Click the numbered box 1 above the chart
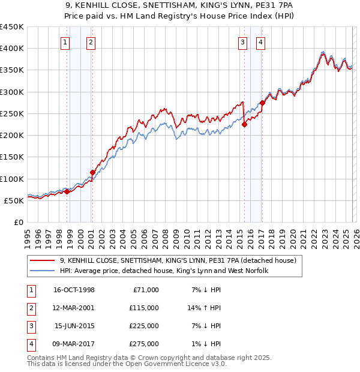pyautogui.click(x=64, y=42)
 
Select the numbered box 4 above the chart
pyautogui.click(x=262, y=42)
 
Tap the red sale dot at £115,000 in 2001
pyautogui.click(x=92, y=172)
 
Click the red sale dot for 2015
pyautogui.click(x=244, y=125)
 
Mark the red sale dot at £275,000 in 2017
pyautogui.click(x=262, y=103)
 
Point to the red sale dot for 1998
pyautogui.click(x=67, y=191)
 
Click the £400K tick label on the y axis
pyautogui.click(x=12, y=49)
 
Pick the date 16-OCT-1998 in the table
pyautogui.click(x=74, y=290)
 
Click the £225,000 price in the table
pyautogui.click(x=144, y=327)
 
